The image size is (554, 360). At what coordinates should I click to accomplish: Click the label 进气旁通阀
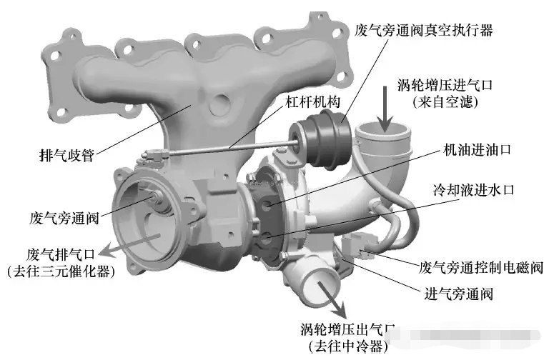458,294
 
